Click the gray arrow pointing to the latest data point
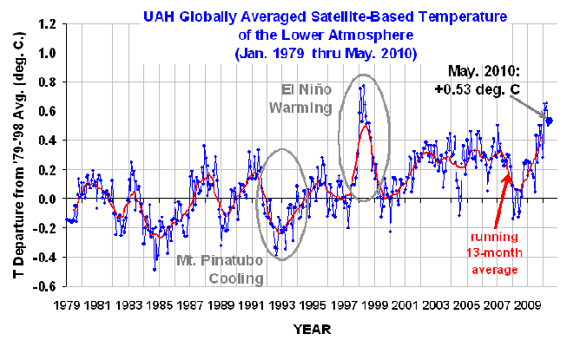coord(531,96)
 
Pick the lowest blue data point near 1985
coord(155,270)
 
